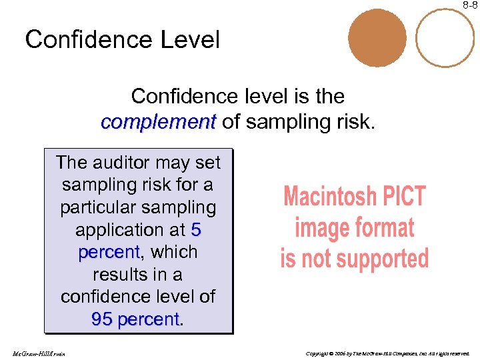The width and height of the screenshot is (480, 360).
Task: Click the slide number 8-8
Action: pos(471,5)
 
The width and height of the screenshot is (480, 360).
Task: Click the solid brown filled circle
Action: pos(377,37)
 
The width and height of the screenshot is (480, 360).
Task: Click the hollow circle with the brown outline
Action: pos(444,37)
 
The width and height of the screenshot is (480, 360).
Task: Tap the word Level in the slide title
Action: pos(189,40)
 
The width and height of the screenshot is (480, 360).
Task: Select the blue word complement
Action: pos(158,122)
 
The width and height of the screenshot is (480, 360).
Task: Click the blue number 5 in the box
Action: pos(195,230)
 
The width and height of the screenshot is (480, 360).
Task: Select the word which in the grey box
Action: pos(175,252)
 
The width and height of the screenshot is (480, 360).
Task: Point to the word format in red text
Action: pos(383,228)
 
